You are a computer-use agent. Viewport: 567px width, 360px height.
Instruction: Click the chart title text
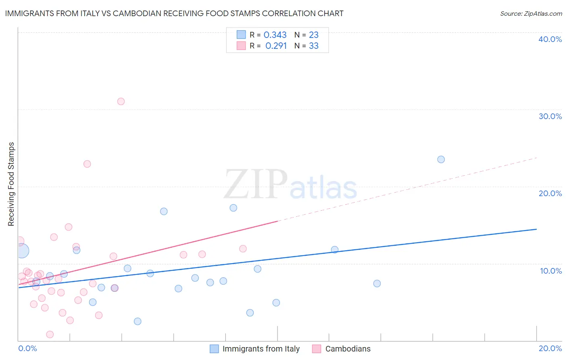[x=174, y=13]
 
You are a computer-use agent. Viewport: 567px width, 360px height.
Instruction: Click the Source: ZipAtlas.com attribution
[x=531, y=13]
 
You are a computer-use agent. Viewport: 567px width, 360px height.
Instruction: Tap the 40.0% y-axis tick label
[x=550, y=39]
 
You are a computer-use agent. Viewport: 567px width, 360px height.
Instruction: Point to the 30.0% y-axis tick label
[x=550, y=116]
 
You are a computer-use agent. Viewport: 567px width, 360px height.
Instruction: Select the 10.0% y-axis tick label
[x=550, y=271]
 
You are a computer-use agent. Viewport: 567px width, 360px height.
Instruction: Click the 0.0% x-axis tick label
[x=27, y=348]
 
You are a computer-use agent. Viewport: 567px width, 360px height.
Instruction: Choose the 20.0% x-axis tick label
[x=550, y=348]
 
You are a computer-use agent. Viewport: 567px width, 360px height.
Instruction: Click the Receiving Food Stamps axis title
[x=11, y=184]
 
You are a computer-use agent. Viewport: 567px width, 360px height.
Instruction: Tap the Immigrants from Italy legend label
[x=261, y=349]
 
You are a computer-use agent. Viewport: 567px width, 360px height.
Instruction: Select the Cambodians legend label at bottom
[x=348, y=349]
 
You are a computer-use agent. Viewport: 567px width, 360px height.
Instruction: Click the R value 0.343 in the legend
[x=275, y=35]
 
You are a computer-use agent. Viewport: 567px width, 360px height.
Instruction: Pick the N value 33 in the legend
[x=314, y=46]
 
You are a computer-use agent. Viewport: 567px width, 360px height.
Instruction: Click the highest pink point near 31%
[x=121, y=101]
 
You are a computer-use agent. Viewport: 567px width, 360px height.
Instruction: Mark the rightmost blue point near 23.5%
[x=441, y=159]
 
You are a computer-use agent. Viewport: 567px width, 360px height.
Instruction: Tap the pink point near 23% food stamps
[x=87, y=164]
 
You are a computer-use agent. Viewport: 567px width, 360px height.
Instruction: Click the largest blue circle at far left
[x=22, y=251]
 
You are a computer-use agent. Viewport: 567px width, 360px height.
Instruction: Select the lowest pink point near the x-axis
[x=50, y=334]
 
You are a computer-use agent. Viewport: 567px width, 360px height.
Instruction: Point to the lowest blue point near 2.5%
[x=138, y=321]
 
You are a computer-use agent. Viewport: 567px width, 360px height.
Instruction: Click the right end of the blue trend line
[x=536, y=229]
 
